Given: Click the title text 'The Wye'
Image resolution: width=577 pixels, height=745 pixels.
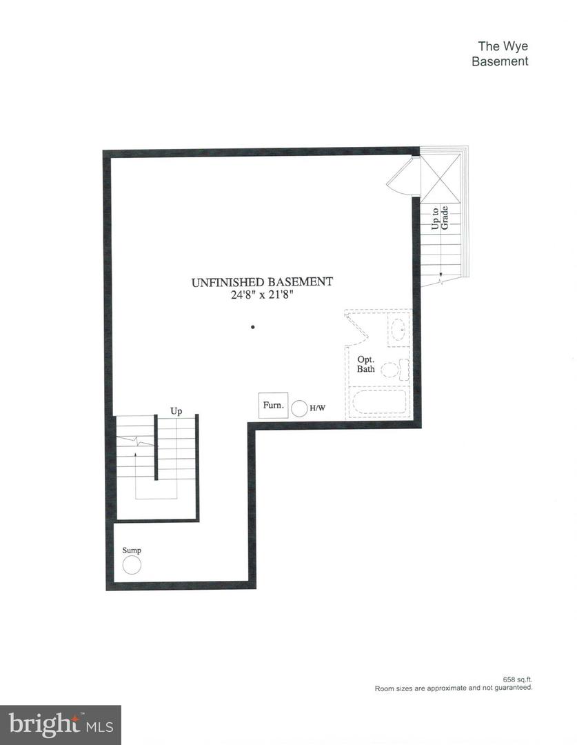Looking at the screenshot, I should [503, 46].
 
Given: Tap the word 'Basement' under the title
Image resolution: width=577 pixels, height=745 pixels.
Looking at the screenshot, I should [500, 61].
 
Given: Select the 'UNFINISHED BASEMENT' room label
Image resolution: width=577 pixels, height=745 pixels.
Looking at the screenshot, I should [262, 281].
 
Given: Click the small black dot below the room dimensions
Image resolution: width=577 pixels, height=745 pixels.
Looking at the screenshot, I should [253, 327].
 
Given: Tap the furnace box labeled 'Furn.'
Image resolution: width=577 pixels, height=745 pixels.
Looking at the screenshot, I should [273, 406].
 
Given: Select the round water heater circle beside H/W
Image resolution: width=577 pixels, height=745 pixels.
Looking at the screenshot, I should [299, 408].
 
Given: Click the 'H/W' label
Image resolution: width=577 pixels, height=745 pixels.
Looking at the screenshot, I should [318, 408].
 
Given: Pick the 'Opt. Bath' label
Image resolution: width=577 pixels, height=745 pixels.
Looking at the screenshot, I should [366, 364].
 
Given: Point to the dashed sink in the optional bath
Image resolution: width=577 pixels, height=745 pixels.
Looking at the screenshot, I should [398, 329].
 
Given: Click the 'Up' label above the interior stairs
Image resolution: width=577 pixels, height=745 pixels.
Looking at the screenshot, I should [176, 411].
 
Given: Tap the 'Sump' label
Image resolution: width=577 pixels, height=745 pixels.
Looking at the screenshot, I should [132, 550].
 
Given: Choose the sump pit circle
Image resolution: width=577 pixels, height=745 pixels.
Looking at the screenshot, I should [132, 566].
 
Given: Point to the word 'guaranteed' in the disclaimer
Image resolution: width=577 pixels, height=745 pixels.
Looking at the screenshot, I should [512, 688].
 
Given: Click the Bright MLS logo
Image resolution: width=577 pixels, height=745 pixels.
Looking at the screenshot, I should [60, 725].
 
